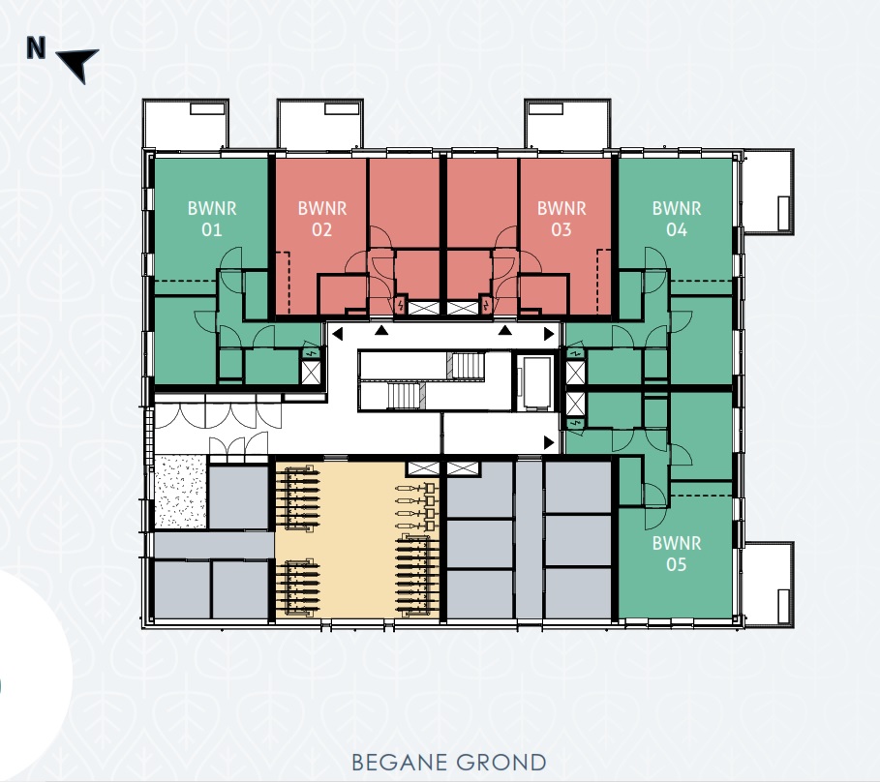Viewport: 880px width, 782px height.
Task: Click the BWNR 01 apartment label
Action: [x=212, y=219]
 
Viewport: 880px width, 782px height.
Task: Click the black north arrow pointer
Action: [x=79, y=65]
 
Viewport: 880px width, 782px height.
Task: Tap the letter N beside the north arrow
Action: [x=37, y=49]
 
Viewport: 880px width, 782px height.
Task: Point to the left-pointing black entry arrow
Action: [x=337, y=334]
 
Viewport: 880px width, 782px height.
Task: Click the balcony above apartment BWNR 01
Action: [x=187, y=123]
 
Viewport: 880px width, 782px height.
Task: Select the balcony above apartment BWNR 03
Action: [x=567, y=123]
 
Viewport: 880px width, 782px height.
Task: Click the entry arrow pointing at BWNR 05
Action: [x=550, y=442]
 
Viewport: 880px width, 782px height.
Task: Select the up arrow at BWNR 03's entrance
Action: [x=504, y=331]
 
